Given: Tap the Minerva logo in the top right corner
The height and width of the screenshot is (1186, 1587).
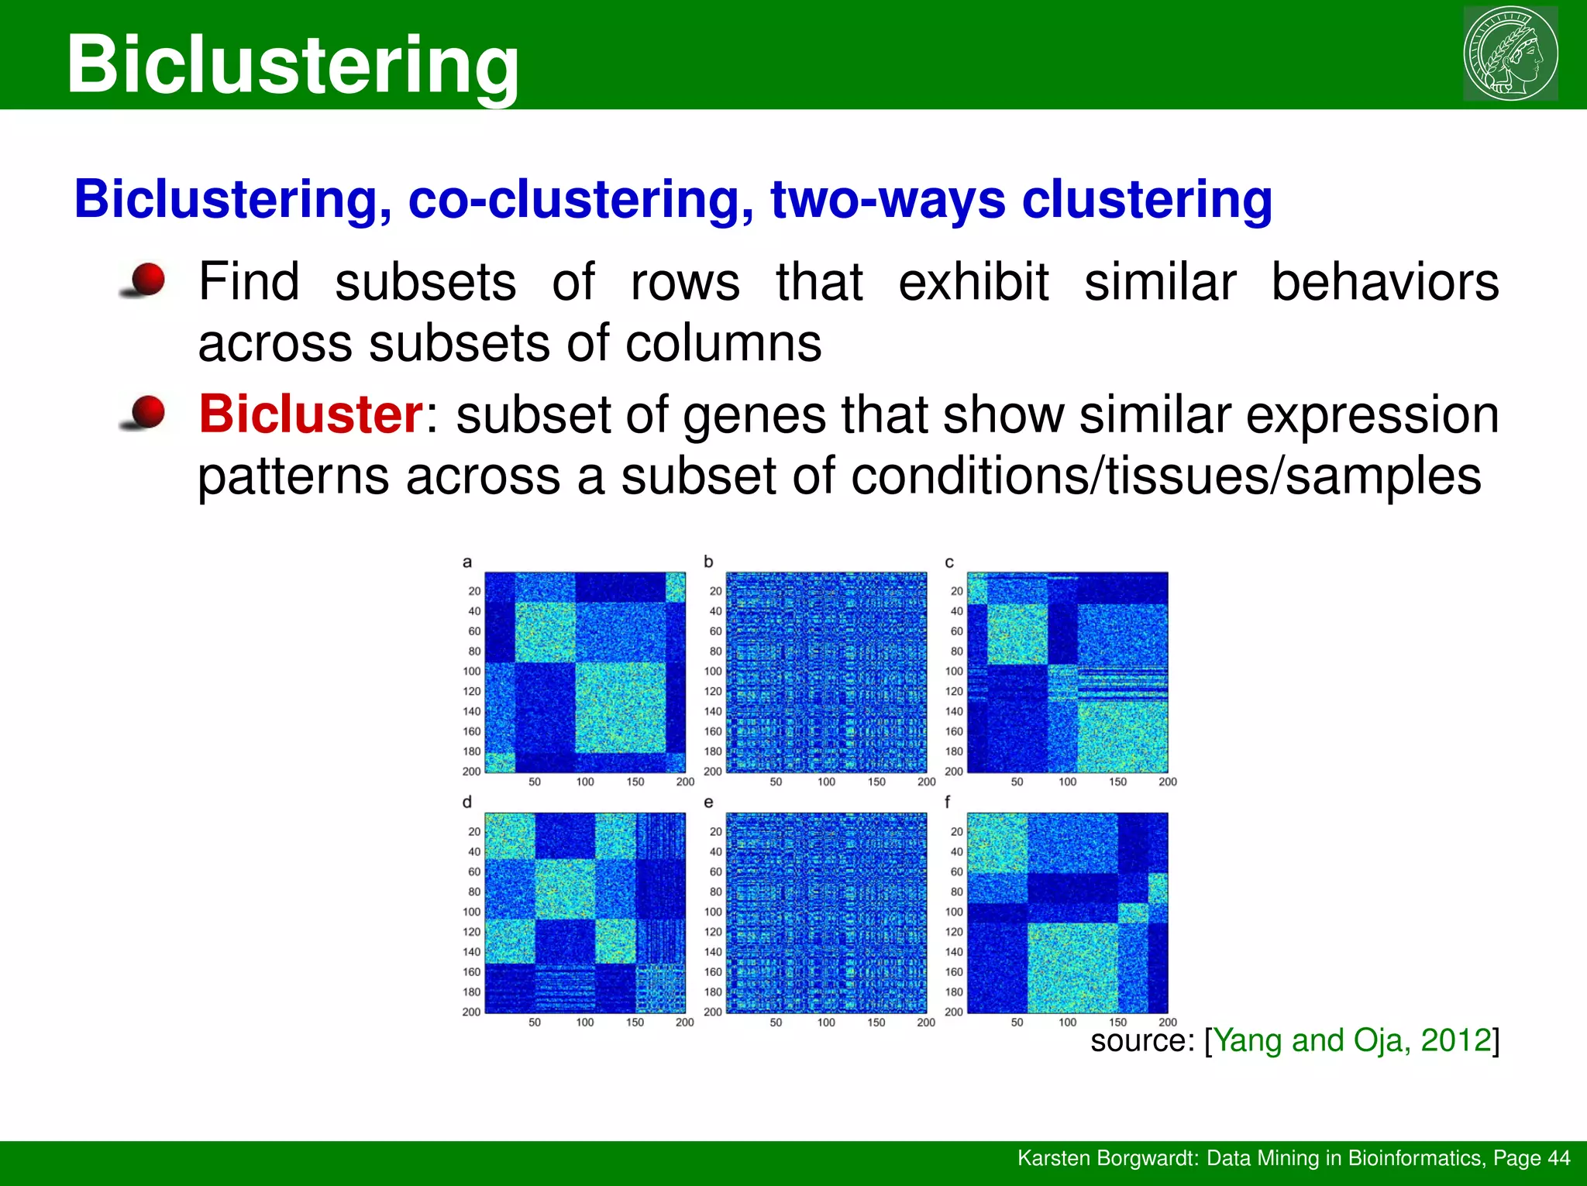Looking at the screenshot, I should [x=1510, y=53].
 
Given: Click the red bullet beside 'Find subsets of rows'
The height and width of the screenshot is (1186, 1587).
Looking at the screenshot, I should [x=145, y=280].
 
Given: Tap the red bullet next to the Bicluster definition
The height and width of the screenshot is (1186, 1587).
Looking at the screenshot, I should [x=145, y=412].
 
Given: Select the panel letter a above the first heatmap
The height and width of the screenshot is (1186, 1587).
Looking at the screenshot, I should [x=466, y=562].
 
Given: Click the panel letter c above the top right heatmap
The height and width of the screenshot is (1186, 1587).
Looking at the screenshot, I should [x=949, y=562].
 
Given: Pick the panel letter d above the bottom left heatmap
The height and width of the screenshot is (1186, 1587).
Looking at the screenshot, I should [x=466, y=802].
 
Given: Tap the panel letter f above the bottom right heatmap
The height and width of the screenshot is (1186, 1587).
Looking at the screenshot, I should [x=948, y=802].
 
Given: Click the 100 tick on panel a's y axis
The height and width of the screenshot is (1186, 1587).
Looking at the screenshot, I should [x=472, y=671].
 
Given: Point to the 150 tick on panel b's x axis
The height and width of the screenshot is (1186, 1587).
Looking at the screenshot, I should [x=876, y=782].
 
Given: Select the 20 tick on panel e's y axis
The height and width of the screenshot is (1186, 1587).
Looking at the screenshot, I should [x=715, y=831].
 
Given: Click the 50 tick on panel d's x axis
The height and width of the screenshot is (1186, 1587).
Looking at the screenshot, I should [x=535, y=1022].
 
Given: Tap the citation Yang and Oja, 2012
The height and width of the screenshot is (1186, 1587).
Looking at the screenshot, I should [x=1352, y=1040].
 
